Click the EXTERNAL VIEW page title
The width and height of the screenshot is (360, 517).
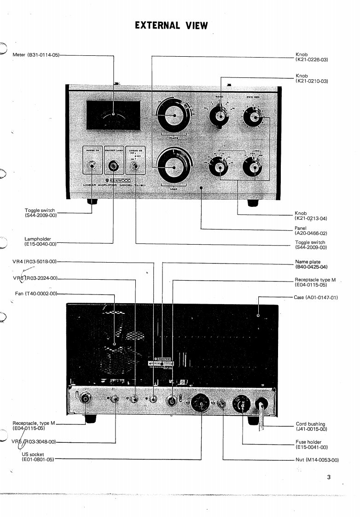click(x=171, y=25)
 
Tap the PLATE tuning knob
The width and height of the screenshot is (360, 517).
click(x=173, y=117)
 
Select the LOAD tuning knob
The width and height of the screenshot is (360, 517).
click(x=173, y=165)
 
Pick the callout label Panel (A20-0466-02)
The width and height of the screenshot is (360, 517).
click(x=310, y=231)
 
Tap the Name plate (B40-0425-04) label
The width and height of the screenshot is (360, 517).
click(x=311, y=264)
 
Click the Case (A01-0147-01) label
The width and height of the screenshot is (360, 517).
click(x=316, y=297)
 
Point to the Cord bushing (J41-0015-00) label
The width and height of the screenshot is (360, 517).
click(x=311, y=427)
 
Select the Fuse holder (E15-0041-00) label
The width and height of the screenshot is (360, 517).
click(x=311, y=444)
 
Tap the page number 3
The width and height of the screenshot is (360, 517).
click(x=329, y=477)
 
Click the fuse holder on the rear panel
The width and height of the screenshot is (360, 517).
click(x=242, y=405)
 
